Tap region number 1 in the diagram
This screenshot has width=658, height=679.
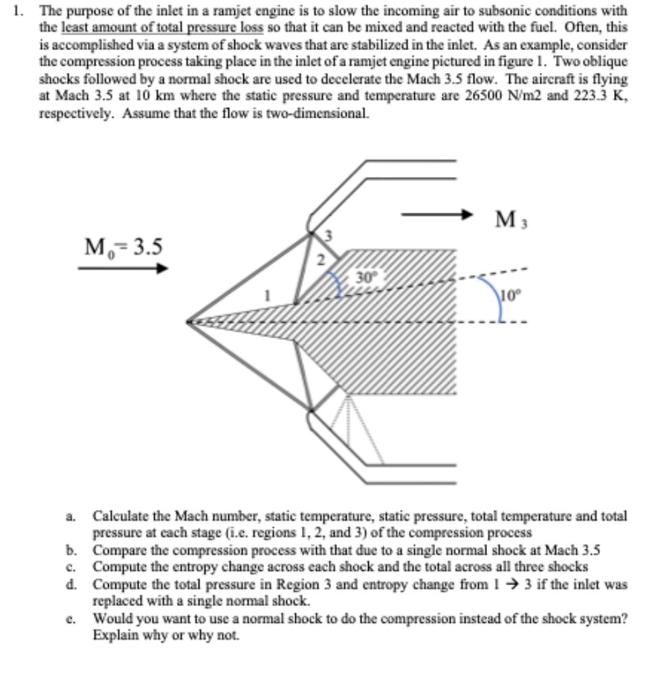[268, 295]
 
